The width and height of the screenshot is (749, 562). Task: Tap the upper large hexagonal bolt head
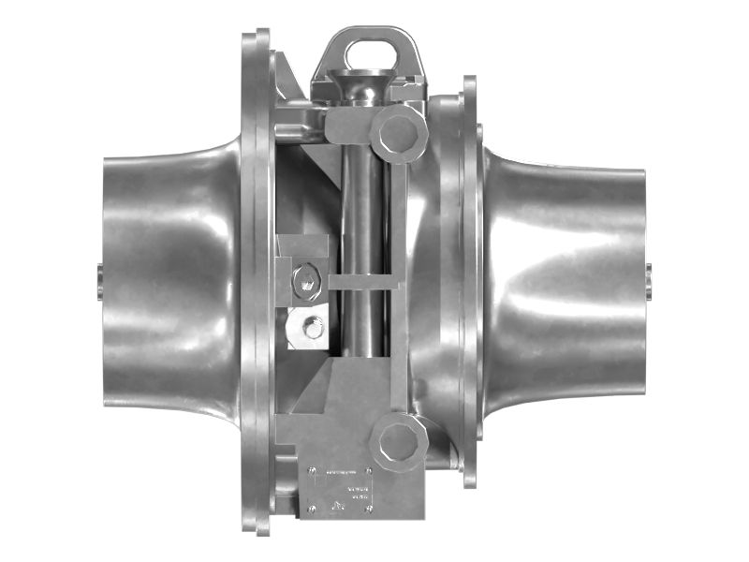pos(400,133)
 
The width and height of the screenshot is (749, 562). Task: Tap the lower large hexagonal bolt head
pos(399,439)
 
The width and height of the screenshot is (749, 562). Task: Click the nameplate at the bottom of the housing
pos(342,487)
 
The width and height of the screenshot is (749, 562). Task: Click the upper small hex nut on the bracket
pos(305,278)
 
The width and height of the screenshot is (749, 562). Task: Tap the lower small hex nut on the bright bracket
pos(313,328)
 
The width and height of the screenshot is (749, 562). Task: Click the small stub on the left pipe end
pos(99,281)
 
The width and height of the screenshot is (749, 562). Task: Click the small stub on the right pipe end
pos(648,281)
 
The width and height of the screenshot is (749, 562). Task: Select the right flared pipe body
pos(571,281)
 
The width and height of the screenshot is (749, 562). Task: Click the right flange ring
pos(469,281)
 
